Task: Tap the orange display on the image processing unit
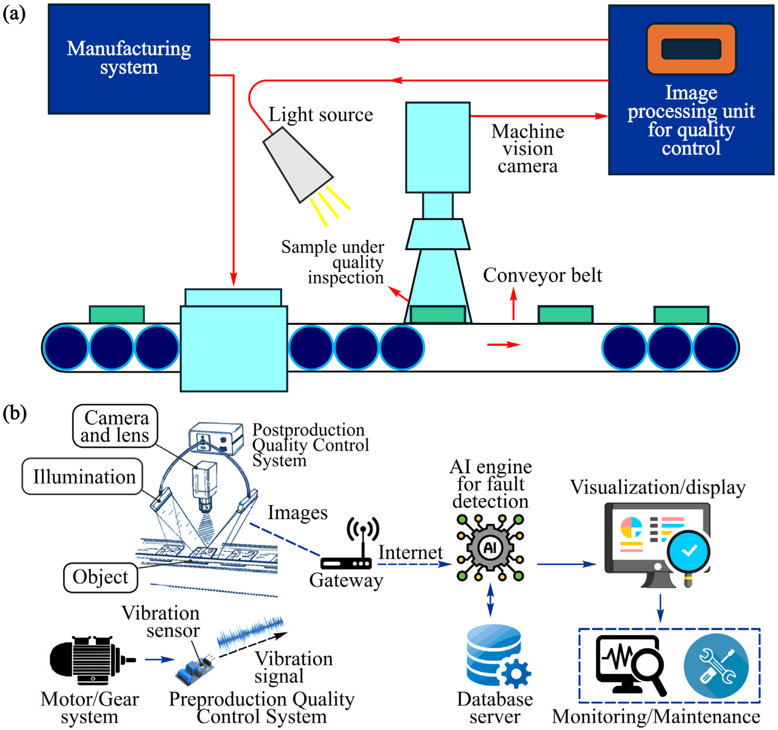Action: click(691, 49)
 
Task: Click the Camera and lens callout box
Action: click(115, 426)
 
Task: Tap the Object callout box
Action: click(101, 577)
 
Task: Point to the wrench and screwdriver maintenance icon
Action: click(716, 666)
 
